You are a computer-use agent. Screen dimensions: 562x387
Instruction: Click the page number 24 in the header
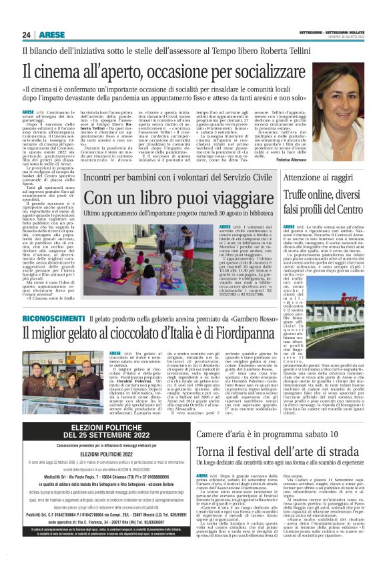click(x=27, y=34)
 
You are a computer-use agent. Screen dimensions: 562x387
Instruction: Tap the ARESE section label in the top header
click(x=51, y=34)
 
